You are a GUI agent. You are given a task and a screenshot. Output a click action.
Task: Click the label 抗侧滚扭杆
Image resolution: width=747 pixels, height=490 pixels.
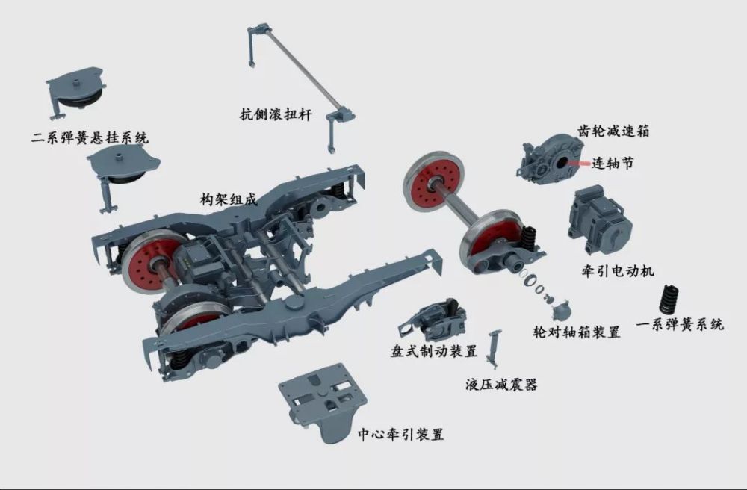click(276, 115)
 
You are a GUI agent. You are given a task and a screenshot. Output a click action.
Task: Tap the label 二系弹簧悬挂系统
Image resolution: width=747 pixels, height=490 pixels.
click(90, 138)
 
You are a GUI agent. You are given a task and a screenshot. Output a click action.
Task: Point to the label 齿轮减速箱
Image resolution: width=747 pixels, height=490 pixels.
click(613, 131)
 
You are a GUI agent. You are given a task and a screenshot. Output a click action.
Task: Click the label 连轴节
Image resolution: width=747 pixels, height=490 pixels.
click(613, 164)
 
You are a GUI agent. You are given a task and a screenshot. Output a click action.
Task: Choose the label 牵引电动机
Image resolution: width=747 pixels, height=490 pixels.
click(618, 271)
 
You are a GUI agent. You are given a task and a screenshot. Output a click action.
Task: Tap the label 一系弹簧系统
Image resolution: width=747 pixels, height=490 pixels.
click(680, 325)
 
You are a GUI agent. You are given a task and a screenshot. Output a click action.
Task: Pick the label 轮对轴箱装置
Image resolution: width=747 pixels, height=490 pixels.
click(577, 332)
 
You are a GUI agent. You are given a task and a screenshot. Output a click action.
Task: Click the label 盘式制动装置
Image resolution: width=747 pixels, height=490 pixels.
click(433, 352)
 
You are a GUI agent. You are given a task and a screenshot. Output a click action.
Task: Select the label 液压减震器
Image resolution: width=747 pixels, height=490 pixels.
click(501, 384)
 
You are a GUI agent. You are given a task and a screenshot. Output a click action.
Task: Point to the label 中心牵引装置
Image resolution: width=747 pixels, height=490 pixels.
click(400, 434)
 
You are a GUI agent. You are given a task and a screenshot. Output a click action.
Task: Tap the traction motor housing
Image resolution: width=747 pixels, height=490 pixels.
click(599, 221)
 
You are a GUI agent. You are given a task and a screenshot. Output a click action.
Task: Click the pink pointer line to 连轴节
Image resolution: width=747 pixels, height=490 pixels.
click(578, 163)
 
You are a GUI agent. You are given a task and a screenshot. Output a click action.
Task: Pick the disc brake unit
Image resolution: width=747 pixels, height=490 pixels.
click(433, 320)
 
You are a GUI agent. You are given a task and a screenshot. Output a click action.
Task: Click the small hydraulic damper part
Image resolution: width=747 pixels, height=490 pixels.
click(492, 349)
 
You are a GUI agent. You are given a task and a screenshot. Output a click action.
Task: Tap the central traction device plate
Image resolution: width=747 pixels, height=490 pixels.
click(323, 401)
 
